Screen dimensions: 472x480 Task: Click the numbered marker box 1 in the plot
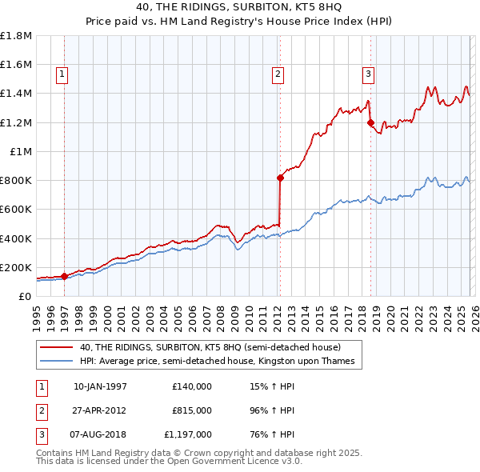point(62,74)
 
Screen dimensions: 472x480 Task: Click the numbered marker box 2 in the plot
point(278,74)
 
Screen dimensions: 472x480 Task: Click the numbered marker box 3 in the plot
point(368,74)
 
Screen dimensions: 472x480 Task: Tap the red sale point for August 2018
point(370,122)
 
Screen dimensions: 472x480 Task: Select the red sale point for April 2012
point(280,178)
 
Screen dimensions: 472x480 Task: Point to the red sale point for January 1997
point(64,276)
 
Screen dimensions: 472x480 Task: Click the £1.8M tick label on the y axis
point(16,36)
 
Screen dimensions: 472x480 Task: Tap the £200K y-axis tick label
point(16,267)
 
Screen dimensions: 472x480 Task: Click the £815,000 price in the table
point(192,410)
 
